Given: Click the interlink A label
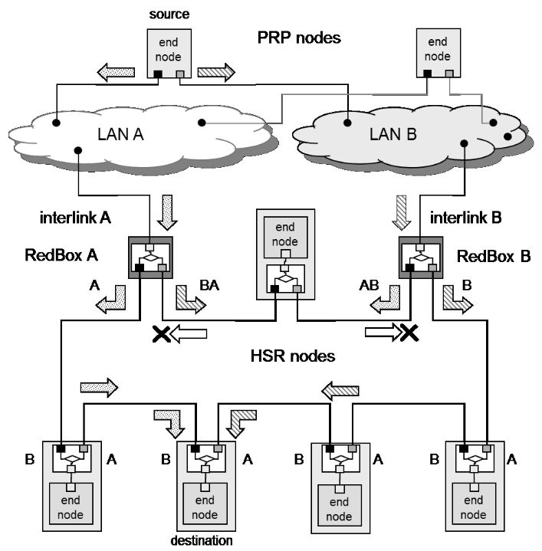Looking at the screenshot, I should [x=74, y=217].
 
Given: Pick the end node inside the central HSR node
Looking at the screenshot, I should [x=286, y=233].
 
